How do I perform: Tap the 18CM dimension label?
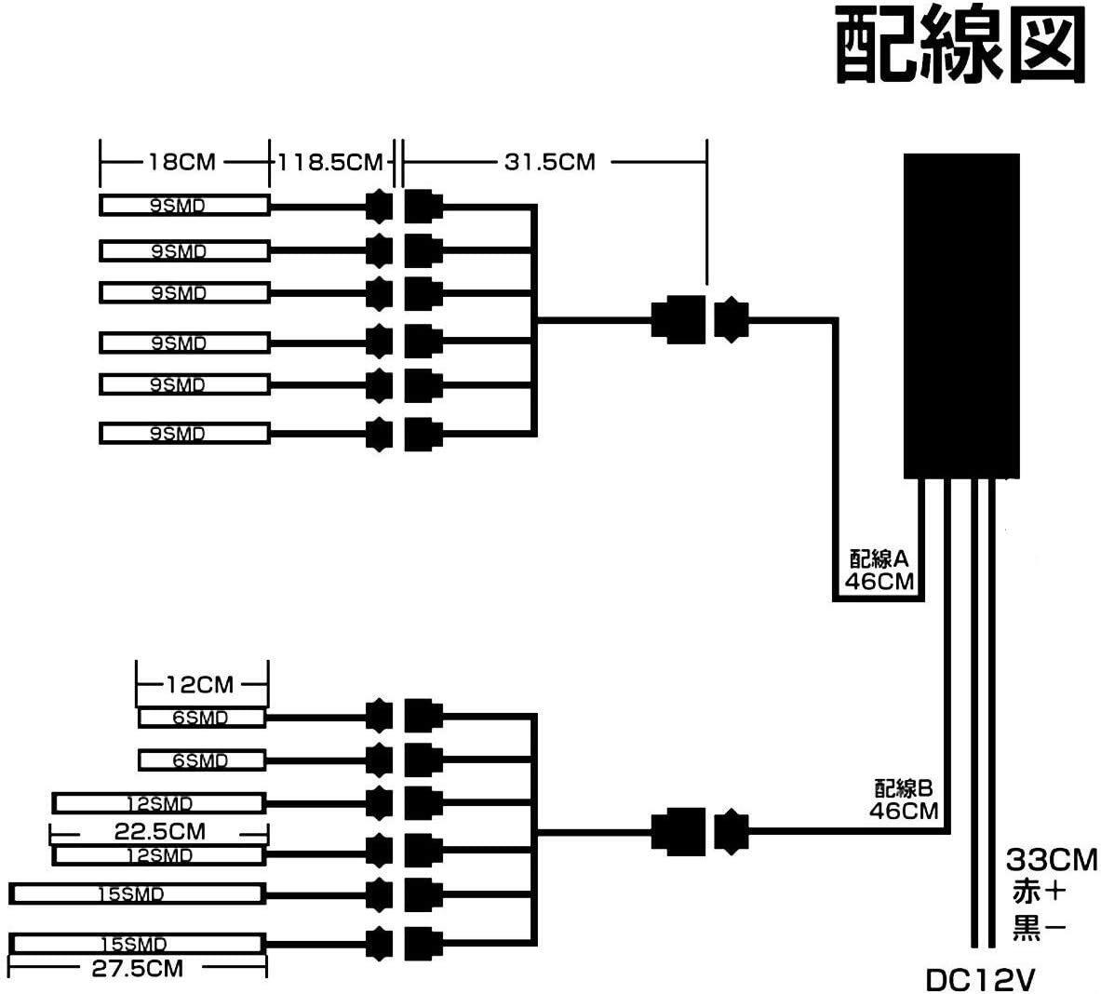(x=181, y=163)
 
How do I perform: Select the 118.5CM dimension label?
(x=331, y=163)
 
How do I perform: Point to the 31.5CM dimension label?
(x=549, y=162)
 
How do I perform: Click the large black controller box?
(x=962, y=317)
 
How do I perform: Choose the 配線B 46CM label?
(x=904, y=798)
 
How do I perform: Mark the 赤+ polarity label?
(x=1038, y=893)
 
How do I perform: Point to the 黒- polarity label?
(x=1038, y=926)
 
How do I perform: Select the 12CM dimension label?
(x=199, y=686)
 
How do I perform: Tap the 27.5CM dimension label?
(x=137, y=968)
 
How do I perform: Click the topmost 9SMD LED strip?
(x=184, y=206)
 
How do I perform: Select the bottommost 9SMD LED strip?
(x=184, y=434)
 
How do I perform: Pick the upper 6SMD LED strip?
(x=202, y=718)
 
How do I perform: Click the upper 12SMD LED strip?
(x=159, y=803)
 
